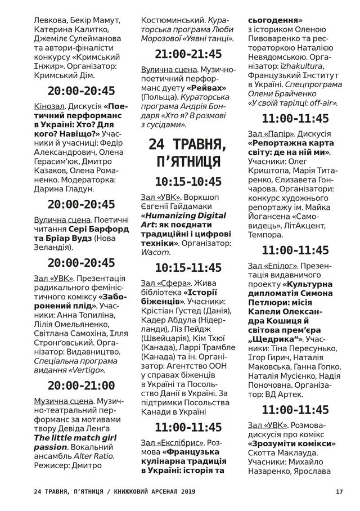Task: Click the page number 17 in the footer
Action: pos(339,491)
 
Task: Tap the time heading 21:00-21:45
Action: pos(188,55)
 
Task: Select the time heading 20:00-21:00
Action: pos(82,386)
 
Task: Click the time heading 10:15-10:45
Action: pos(188,181)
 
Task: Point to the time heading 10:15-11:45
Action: pos(188,267)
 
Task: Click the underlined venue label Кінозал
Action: pos(49,105)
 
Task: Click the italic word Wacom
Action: pos(155,253)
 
